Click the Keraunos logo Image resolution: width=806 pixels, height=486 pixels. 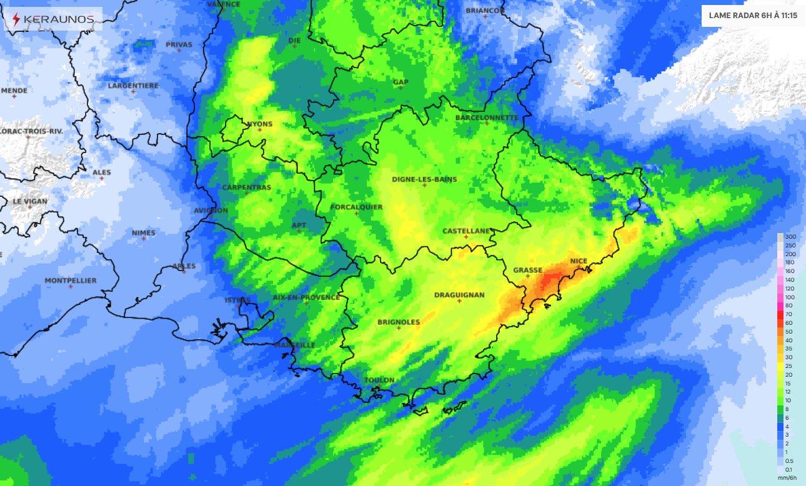click(x=52, y=19)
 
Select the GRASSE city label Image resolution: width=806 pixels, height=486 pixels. click(x=527, y=270)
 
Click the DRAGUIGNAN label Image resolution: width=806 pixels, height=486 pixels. click(x=459, y=295)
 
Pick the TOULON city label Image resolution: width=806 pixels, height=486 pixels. click(x=379, y=380)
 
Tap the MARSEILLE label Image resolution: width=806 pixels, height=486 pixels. click(x=295, y=345)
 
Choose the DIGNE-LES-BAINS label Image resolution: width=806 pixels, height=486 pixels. click(x=424, y=179)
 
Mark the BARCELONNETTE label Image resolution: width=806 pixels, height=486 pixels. click(x=486, y=117)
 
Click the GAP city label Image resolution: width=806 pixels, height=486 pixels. click(x=401, y=82)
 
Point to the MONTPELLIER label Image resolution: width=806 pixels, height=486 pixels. click(x=71, y=280)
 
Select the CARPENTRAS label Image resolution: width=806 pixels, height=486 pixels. click(x=247, y=187)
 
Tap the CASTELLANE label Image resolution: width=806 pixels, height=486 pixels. click(x=465, y=231)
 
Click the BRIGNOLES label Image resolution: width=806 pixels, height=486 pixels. click(x=399, y=322)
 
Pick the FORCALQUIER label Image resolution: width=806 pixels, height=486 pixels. click(x=357, y=207)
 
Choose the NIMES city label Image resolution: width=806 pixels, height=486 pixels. click(x=144, y=233)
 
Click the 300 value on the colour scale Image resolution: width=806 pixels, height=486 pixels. click(x=790, y=237)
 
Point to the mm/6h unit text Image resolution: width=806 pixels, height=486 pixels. click(x=787, y=478)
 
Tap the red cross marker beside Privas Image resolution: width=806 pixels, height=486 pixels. click(x=179, y=50)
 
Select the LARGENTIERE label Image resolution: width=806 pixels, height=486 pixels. click(x=133, y=86)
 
